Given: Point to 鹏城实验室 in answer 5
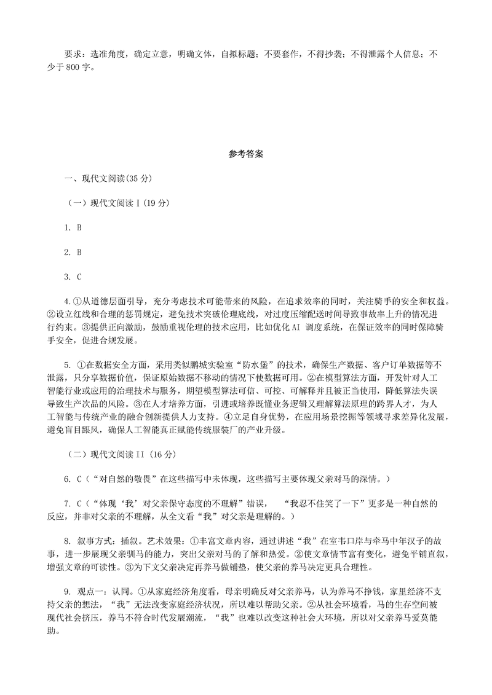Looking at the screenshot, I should coord(187,363).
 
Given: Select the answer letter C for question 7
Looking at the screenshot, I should coord(79,503).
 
